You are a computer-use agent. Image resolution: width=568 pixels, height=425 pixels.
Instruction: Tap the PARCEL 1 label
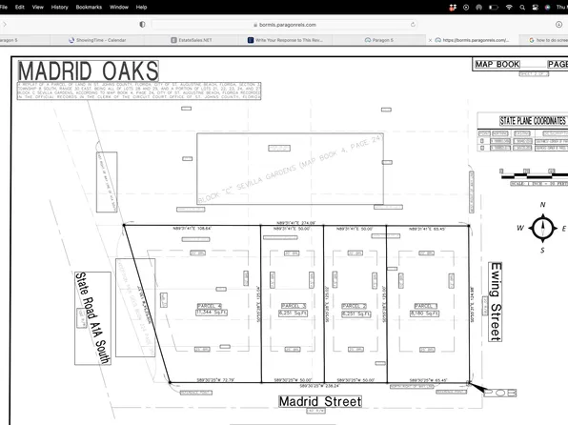tap(422, 306)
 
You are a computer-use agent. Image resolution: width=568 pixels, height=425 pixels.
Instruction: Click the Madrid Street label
tap(319, 402)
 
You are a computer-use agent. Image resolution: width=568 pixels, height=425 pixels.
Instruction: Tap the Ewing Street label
tap(494, 301)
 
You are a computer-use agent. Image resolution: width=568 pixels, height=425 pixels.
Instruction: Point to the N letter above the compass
tap(542, 205)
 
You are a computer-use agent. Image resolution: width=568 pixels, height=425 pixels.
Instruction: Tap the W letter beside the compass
tap(520, 229)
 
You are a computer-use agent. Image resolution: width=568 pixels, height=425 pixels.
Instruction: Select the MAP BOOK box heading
tap(497, 65)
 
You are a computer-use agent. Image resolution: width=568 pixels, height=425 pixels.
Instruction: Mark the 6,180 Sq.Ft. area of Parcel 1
tap(422, 313)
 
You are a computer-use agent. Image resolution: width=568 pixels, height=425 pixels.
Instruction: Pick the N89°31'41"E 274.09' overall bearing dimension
tap(294, 222)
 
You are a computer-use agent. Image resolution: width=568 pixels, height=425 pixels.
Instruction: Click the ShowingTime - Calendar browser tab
tap(100, 41)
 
